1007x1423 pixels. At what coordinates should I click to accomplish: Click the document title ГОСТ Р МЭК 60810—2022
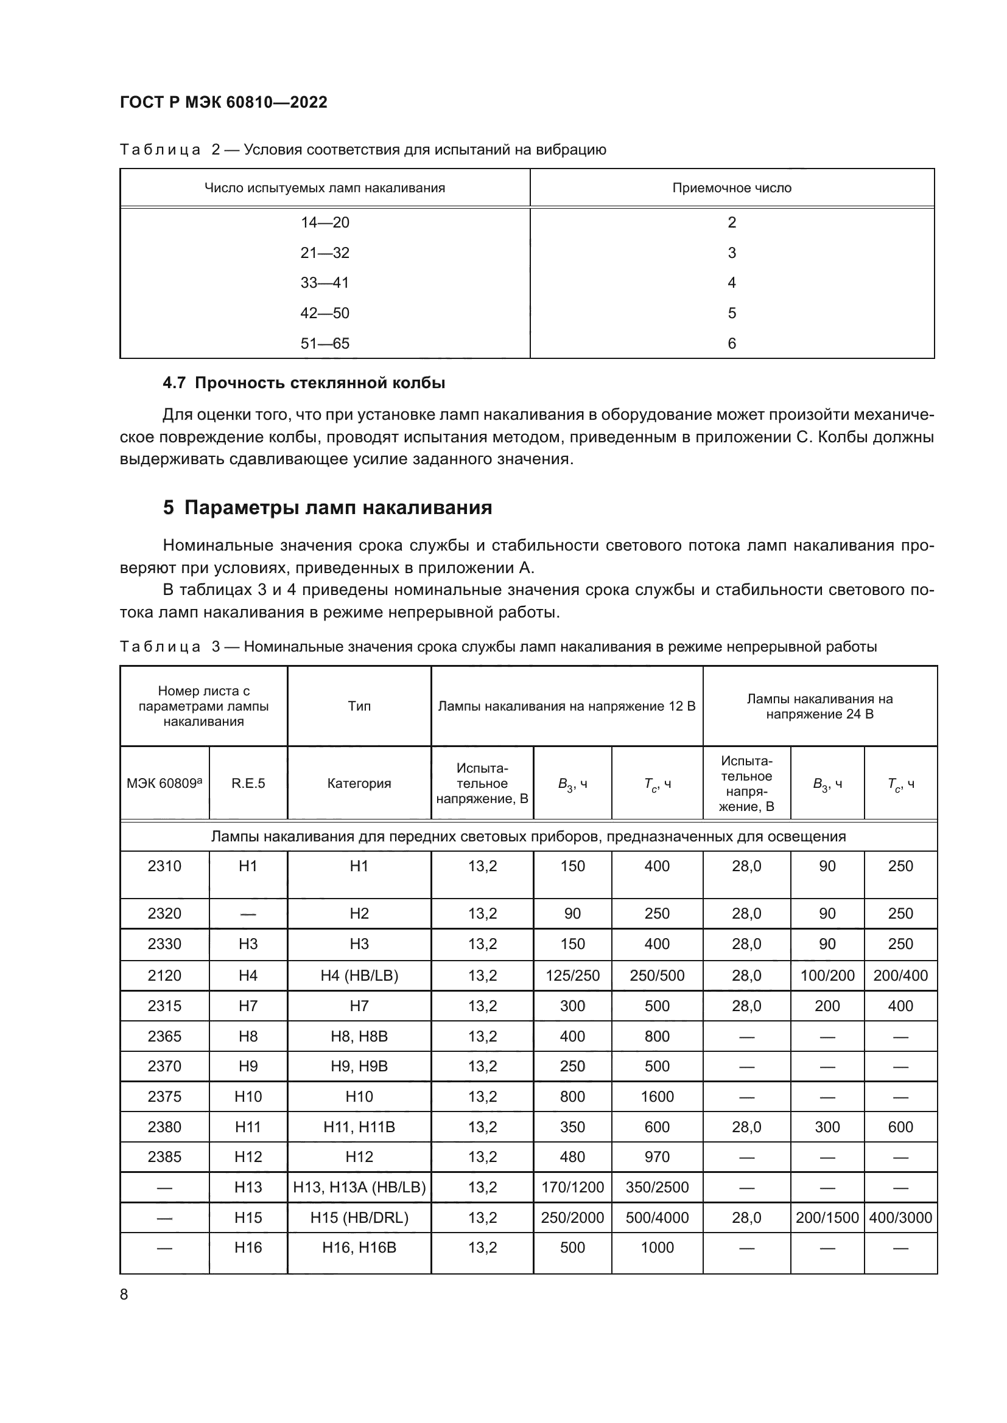pyautogui.click(x=223, y=102)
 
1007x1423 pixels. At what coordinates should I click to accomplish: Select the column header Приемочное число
pyautogui.click(x=732, y=188)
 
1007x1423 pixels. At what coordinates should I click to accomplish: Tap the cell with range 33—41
pyautogui.click(x=325, y=283)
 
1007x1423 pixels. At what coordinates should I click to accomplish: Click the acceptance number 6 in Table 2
pyautogui.click(x=732, y=343)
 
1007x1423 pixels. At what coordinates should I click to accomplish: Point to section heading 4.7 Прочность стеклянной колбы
pyautogui.click(x=304, y=383)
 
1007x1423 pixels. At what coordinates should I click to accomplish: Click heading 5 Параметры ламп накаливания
pyautogui.click(x=328, y=507)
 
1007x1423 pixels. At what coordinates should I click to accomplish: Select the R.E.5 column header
pyautogui.click(x=248, y=784)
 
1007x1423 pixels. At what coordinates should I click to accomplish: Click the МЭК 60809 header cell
pyautogui.click(x=164, y=784)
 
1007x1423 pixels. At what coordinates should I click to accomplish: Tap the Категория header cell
pyautogui.click(x=359, y=784)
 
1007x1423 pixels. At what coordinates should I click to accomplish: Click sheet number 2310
pyautogui.click(x=164, y=866)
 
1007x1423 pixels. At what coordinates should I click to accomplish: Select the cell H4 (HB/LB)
pyautogui.click(x=359, y=975)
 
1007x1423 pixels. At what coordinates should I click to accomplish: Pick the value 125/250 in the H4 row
pyautogui.click(x=572, y=975)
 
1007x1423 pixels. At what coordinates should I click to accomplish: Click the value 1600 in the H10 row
pyautogui.click(x=657, y=1096)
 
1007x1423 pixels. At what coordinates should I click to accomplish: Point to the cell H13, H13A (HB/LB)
pyautogui.click(x=359, y=1187)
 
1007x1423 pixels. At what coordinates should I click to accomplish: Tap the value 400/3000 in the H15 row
pyautogui.click(x=900, y=1217)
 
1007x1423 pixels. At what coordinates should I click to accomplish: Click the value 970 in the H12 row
pyautogui.click(x=657, y=1157)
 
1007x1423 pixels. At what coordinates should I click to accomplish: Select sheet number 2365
pyautogui.click(x=164, y=1036)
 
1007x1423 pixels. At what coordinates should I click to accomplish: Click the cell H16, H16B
pyautogui.click(x=359, y=1248)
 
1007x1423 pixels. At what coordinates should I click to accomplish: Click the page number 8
pyautogui.click(x=124, y=1295)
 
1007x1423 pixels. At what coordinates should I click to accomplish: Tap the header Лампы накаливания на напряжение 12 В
pyautogui.click(x=567, y=706)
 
